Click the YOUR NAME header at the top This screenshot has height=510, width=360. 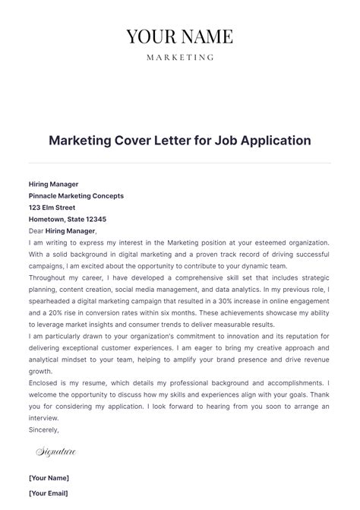tap(179, 36)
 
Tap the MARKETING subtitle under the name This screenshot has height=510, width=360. tap(179, 57)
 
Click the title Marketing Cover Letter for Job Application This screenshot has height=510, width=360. tap(180, 141)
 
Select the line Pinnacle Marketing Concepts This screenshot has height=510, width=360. tap(76, 195)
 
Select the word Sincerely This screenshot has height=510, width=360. tap(43, 429)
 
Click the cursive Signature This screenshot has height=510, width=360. tap(56, 452)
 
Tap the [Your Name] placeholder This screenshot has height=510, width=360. tap(49, 478)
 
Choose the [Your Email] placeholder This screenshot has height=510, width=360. tap(49, 493)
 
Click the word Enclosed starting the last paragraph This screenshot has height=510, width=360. tap(45, 383)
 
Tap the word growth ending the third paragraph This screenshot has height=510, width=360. tap(40, 372)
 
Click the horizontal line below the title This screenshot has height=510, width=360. tap(180, 163)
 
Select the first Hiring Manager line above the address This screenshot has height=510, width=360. tap(53, 184)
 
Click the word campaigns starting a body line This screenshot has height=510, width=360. tap(47, 266)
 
